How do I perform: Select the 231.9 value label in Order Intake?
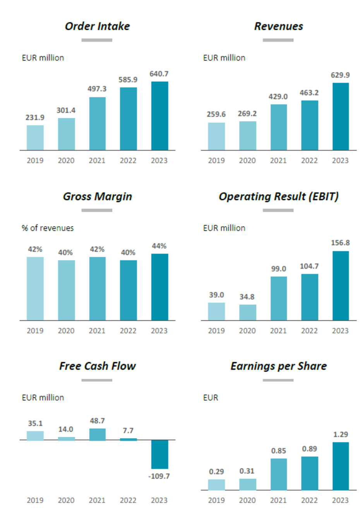[x=35, y=117]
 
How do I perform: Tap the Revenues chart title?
[x=278, y=26]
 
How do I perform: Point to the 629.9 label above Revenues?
[x=340, y=75]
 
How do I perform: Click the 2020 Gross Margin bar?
[x=66, y=290]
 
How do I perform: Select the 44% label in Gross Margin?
[x=159, y=246]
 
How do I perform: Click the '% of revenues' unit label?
[x=48, y=228]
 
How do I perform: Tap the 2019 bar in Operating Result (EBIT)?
[x=216, y=311]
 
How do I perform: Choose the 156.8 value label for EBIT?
[x=340, y=243]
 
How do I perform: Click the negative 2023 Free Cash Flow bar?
[x=159, y=454]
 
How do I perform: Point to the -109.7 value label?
[x=159, y=476]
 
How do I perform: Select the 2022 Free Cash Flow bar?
[x=128, y=439]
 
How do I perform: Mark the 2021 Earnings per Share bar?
[x=278, y=474]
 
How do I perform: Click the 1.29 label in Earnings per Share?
[x=340, y=435]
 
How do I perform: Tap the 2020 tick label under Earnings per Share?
[x=247, y=500]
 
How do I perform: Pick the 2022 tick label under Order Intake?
[x=128, y=160]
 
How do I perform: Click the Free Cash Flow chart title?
[x=97, y=366]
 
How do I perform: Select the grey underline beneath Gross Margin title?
[x=97, y=210]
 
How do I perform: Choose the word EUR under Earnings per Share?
[x=211, y=398]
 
